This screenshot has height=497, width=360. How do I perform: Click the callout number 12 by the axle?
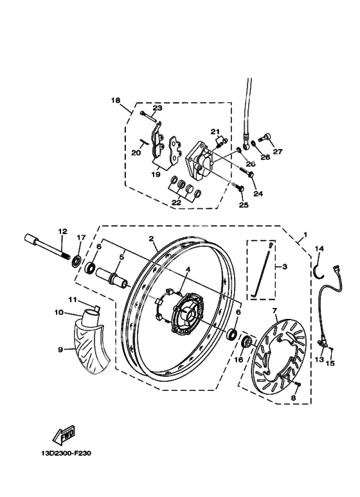62,231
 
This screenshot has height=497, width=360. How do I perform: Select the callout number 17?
80,238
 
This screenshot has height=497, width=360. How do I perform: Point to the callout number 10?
59,313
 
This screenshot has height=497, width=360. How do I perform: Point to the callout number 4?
188,271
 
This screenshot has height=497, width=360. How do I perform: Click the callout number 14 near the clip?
319,248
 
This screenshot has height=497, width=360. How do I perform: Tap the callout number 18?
116,100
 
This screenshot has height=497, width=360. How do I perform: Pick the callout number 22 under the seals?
176,202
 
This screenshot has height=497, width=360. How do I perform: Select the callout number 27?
277,152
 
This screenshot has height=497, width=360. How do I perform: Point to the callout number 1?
306,235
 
